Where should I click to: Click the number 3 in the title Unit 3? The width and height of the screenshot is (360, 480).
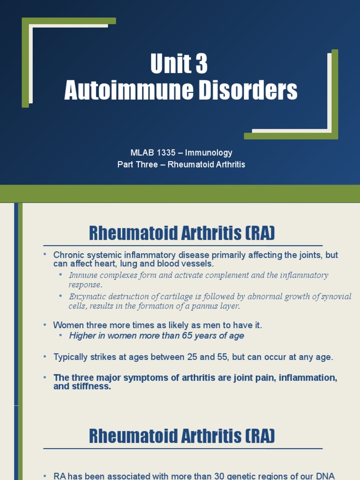coord(200,64)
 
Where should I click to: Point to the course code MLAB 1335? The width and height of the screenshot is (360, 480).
coord(153,153)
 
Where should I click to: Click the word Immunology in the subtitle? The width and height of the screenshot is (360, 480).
coord(209,153)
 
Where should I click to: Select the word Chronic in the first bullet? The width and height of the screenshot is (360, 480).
coord(68,255)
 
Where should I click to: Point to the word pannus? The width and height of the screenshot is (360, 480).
coord(203,306)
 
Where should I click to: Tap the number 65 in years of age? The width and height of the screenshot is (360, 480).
coord(186,336)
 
